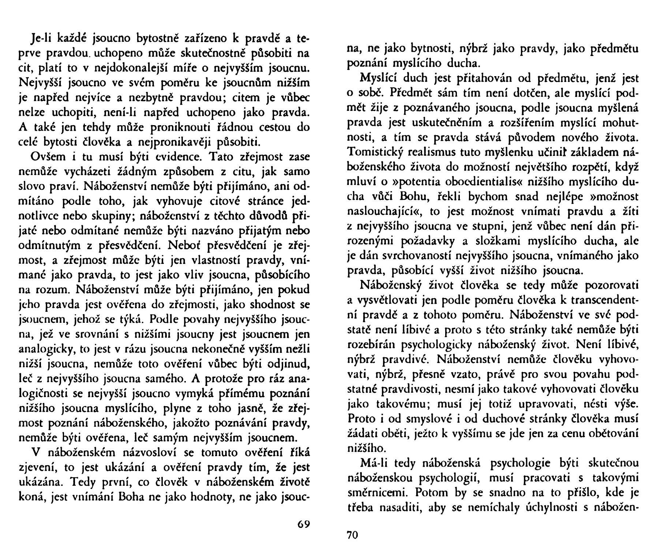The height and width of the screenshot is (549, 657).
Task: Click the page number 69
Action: [x=304, y=524]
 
